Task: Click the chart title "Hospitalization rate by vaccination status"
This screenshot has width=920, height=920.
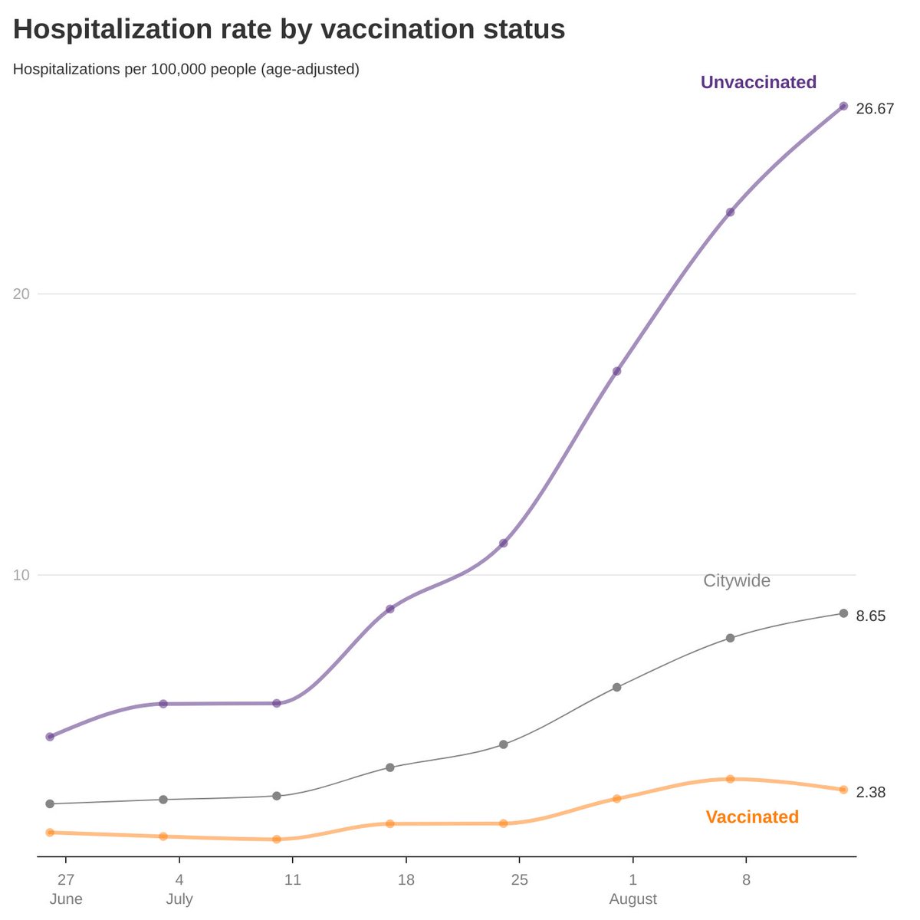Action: point(289,30)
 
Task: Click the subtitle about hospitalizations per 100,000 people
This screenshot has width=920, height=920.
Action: point(186,69)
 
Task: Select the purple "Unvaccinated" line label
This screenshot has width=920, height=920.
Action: point(758,82)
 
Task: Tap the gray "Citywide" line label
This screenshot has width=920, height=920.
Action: point(736,580)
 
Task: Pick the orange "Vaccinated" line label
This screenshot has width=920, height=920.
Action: point(751,816)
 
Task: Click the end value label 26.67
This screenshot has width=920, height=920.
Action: point(875,109)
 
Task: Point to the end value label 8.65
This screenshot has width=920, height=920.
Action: point(871,616)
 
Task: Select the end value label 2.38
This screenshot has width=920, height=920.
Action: point(871,792)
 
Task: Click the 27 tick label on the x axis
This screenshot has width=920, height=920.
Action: point(66,879)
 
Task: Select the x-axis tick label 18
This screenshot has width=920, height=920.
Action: point(406,879)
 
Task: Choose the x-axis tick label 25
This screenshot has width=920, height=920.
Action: point(519,879)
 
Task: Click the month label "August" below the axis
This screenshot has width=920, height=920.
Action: point(632,899)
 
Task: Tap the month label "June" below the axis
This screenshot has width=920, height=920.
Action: point(66,899)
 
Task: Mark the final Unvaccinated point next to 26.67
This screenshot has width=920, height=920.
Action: point(843,107)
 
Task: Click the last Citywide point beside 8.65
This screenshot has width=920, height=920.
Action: point(843,613)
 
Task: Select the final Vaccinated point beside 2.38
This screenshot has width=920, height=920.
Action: point(843,790)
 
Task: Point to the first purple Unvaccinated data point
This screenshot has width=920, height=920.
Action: point(50,737)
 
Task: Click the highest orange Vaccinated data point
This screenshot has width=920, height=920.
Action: point(730,779)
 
